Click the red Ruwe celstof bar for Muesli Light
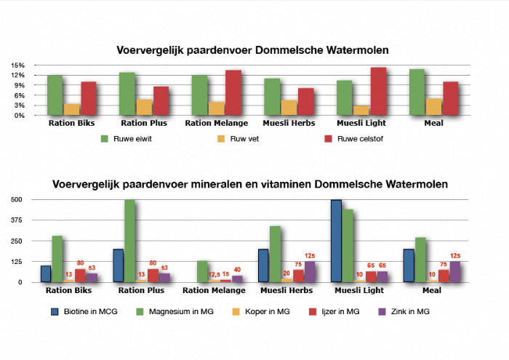click(377, 91)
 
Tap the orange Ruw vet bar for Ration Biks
click(71, 109)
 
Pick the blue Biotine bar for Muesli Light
click(337, 241)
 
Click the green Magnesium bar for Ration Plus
click(129, 241)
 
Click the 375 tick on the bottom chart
click(16, 220)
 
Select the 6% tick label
click(20, 95)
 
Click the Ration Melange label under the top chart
click(216, 123)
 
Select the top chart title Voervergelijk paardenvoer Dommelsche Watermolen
click(253, 50)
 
